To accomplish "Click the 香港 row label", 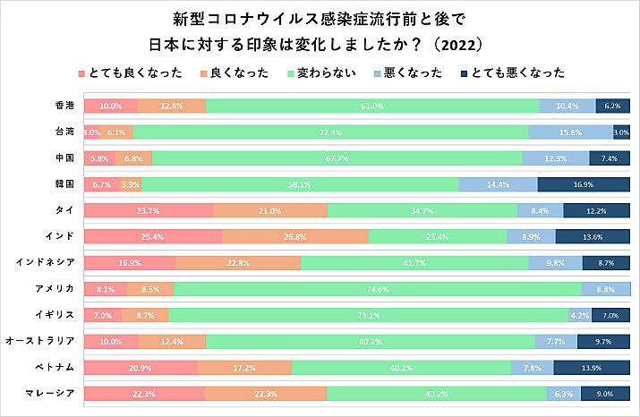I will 64,106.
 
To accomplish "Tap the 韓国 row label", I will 64,184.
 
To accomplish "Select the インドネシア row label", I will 47,263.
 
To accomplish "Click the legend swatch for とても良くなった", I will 82,72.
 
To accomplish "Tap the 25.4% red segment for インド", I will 153,236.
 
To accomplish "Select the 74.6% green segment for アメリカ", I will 377,289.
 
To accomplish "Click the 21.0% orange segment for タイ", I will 269,210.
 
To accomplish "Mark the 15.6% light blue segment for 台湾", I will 570,132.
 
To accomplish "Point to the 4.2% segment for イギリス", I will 579,315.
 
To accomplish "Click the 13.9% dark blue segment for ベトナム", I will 592,368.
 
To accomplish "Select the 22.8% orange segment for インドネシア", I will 237,263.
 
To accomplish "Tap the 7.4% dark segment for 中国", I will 610,158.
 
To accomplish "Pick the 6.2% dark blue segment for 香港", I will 612,106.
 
